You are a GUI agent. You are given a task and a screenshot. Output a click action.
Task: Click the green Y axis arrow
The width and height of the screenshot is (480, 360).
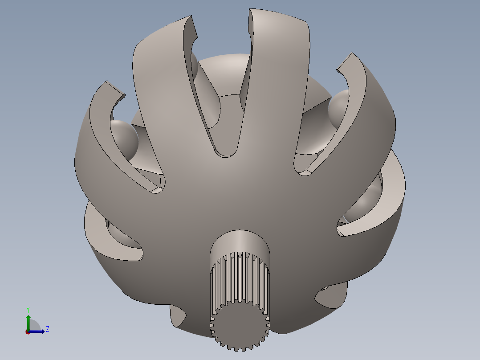tap(28, 320)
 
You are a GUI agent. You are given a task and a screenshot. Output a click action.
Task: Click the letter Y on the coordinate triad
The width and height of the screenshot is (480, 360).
tap(28, 309)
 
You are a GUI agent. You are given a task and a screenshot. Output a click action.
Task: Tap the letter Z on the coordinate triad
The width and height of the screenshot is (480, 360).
tap(47, 329)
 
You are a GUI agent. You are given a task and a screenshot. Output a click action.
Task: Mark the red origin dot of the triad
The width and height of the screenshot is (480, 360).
tap(28, 331)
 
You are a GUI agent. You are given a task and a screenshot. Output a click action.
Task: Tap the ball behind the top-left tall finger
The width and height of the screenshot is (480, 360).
tap(194, 65)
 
